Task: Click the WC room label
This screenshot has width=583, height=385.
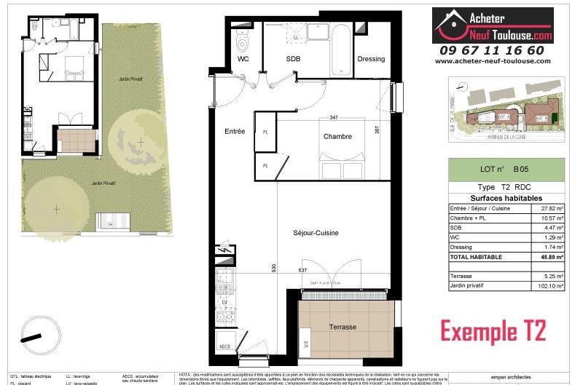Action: [243, 59]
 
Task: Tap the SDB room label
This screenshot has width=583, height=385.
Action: [293, 59]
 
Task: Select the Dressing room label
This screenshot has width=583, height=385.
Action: [370, 59]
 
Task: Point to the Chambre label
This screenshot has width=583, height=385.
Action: [337, 136]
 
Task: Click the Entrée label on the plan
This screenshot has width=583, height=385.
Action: [234, 131]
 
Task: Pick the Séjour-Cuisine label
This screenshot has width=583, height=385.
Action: [317, 233]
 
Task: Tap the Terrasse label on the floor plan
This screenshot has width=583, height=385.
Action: [341, 328]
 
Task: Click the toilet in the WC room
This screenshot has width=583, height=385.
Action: [244, 34]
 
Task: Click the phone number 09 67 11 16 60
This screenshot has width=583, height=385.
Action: [492, 50]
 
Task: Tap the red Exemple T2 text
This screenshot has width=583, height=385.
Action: [493, 332]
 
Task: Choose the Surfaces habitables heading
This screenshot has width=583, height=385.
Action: [506, 198]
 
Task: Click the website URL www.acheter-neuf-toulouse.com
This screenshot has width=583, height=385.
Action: [493, 61]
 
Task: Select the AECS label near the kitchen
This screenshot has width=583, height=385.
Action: [226, 346]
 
